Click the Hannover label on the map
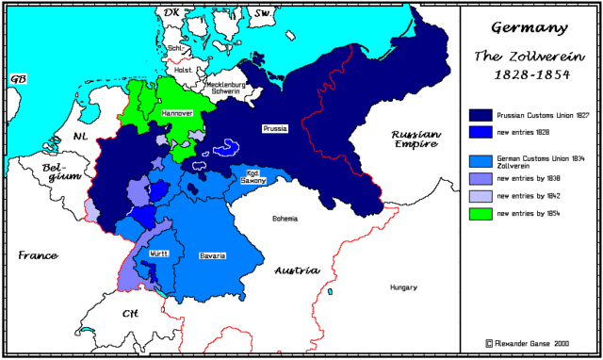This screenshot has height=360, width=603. (177, 112)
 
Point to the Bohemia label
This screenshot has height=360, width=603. (285, 218)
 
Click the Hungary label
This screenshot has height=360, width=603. (403, 286)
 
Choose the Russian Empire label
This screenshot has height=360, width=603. (416, 140)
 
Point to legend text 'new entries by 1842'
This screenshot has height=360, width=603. (535, 196)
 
